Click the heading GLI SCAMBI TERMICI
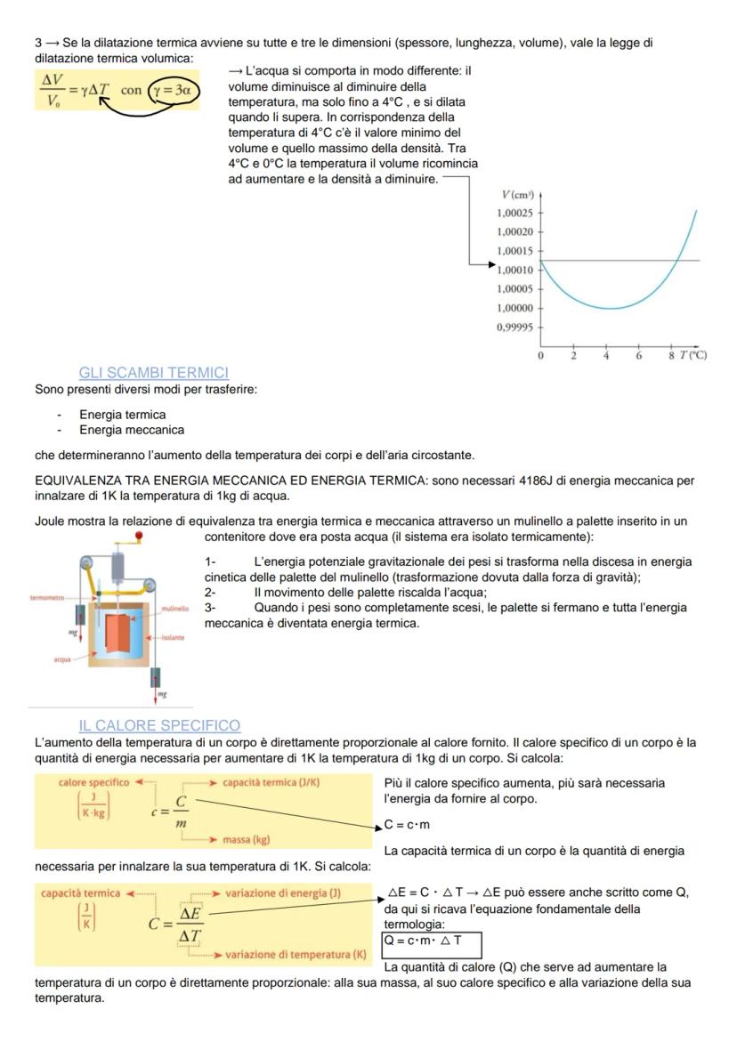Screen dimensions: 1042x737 (153, 373)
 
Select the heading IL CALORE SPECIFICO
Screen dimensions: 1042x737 (159, 726)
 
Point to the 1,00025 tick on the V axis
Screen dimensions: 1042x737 (515, 213)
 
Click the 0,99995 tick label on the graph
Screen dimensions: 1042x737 (515, 327)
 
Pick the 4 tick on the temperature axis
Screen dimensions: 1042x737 (606, 356)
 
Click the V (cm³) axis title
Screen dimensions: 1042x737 (517, 195)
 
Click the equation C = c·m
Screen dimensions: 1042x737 (408, 825)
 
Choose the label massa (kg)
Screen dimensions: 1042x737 (247, 838)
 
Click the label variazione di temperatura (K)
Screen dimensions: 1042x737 (296, 955)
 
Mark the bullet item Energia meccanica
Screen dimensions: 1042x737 (132, 431)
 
